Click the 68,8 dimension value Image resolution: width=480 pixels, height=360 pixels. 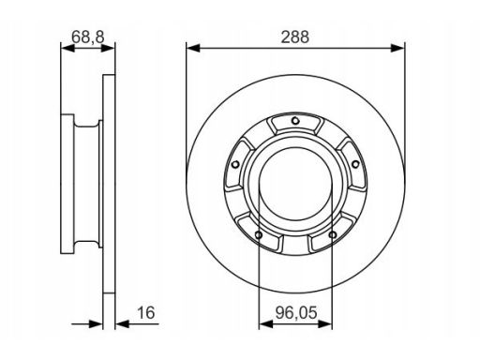[x=88, y=37]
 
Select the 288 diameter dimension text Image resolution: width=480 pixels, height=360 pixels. [x=295, y=37]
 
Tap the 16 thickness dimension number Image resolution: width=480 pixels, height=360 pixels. [x=146, y=313]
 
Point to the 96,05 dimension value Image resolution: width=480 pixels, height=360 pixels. [x=296, y=313]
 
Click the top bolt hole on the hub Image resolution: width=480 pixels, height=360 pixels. [x=295, y=120]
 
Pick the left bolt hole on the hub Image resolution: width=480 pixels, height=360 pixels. [x=235, y=164]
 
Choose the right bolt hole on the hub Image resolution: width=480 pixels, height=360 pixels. [x=355, y=164]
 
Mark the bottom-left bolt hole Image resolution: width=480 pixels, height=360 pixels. [x=259, y=234]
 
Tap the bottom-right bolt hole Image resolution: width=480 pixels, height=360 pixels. [x=333, y=234]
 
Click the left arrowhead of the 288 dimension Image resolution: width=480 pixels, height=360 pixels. [x=193, y=48]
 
